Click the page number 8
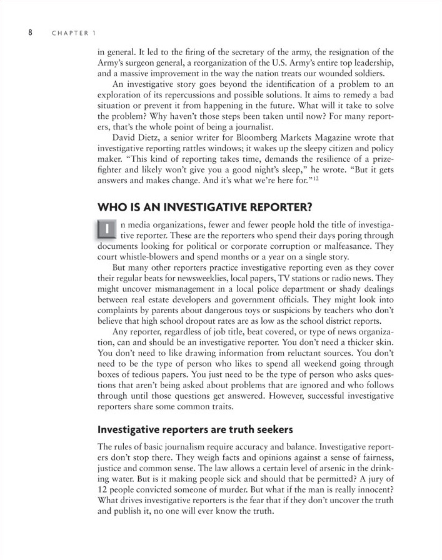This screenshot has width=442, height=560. pos(29,32)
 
